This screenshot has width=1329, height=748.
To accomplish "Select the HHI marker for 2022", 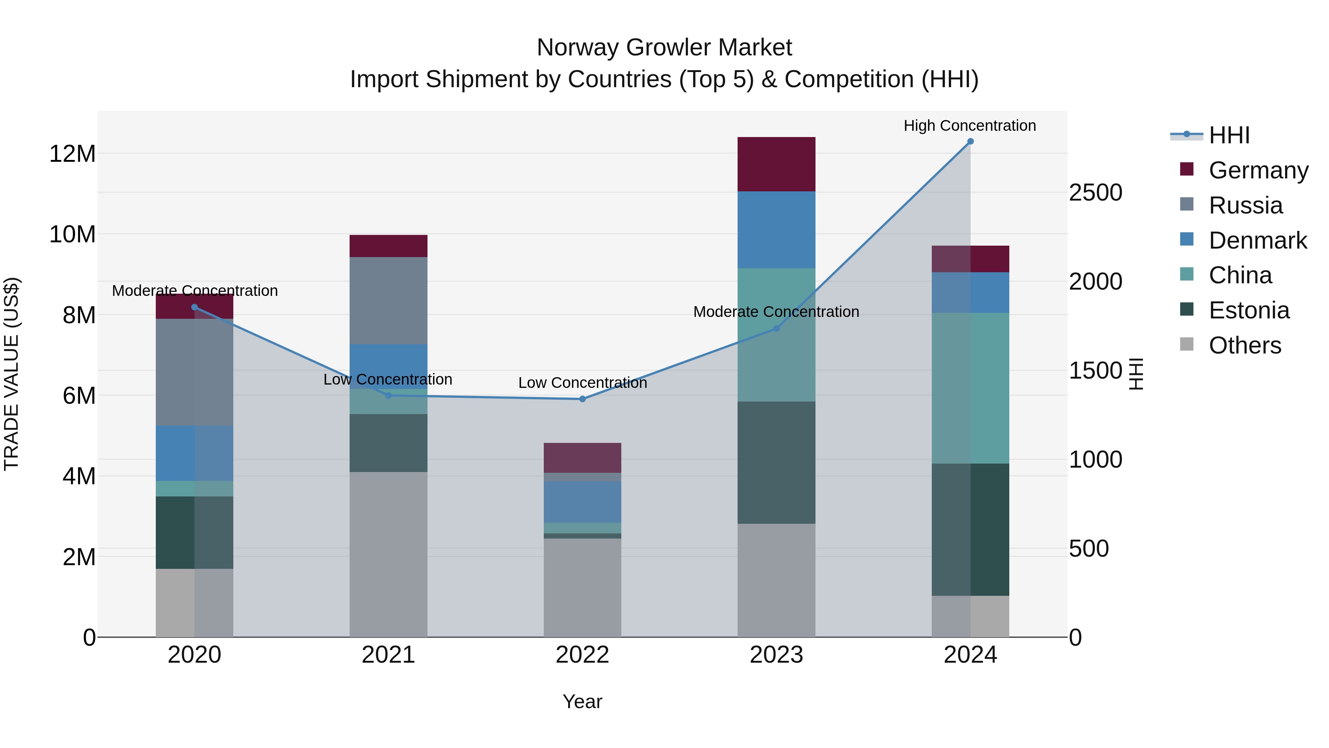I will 583,399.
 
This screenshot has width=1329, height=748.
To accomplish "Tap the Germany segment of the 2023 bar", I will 776,164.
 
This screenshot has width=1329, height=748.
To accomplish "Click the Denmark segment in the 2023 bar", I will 776,230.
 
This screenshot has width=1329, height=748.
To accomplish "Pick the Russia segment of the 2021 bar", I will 388,300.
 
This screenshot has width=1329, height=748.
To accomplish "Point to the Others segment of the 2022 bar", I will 583,587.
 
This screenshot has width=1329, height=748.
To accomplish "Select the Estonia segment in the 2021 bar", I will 388,443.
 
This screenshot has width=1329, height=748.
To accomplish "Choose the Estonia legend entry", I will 1249,310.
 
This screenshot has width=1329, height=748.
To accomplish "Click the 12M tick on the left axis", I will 72,154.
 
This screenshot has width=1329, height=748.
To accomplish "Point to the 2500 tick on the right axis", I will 1095,192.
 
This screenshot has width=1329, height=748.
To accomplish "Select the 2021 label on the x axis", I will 388,655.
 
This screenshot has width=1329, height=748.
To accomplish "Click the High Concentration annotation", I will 969,126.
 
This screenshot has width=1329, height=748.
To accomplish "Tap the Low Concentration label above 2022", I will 583,383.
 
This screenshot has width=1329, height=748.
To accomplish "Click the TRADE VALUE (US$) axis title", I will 11,374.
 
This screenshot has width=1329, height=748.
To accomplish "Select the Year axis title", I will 583,701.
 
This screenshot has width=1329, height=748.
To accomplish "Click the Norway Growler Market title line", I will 664,48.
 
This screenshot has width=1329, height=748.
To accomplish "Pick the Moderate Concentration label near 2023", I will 776,312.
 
